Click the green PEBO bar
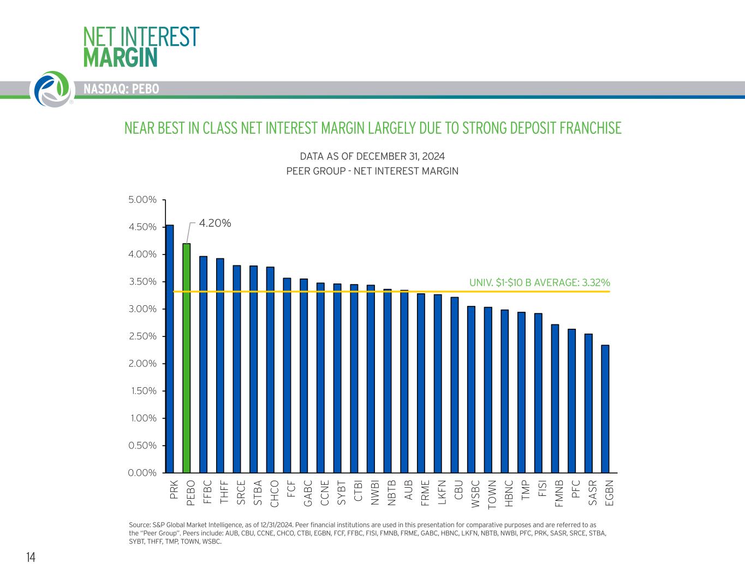point(187,358)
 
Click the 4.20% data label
point(214,223)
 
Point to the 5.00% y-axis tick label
point(142,200)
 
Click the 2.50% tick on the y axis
point(142,336)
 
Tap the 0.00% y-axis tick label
point(142,473)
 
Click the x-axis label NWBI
point(375,493)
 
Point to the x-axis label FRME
point(425,493)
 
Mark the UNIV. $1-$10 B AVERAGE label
point(539,282)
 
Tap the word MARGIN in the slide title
point(121,57)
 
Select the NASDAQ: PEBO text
point(121,89)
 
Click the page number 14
point(31,557)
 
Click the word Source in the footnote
point(140,524)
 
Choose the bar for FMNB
point(555,398)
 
